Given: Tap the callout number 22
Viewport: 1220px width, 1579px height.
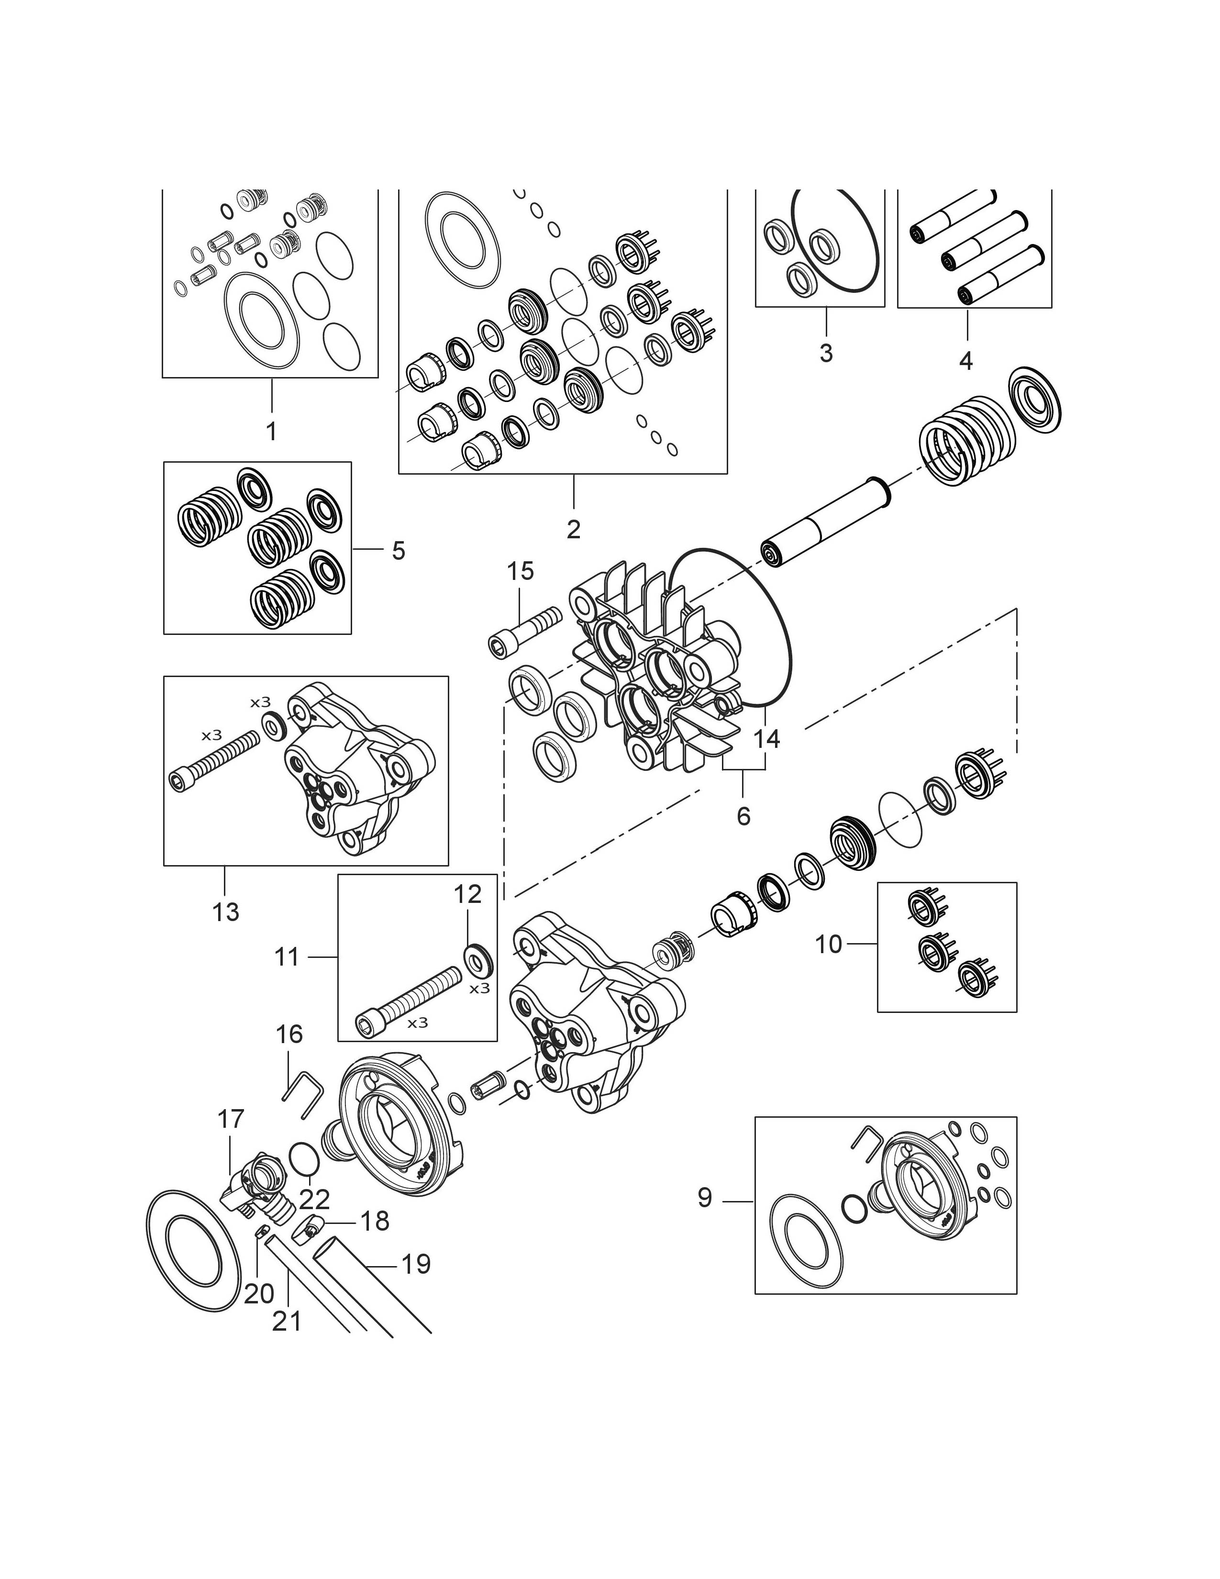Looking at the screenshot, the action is pyautogui.click(x=314, y=1200).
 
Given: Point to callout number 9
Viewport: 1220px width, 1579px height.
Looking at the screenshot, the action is pyautogui.click(x=705, y=1198).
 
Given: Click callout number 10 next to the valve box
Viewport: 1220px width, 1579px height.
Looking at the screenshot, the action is pyautogui.click(x=829, y=944).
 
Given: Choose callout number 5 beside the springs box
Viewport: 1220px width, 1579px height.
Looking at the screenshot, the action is pyautogui.click(x=398, y=551).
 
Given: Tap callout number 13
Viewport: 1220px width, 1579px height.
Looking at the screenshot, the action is pyautogui.click(x=225, y=912).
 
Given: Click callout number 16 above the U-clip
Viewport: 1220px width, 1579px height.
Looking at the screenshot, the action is pyautogui.click(x=289, y=1034).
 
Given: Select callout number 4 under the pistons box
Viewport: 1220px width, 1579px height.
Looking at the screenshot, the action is pyautogui.click(x=966, y=359).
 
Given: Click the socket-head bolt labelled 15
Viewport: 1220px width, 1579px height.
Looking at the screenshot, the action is pyautogui.click(x=525, y=631).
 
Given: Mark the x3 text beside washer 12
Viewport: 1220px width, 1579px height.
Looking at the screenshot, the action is pyautogui.click(x=479, y=989).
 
